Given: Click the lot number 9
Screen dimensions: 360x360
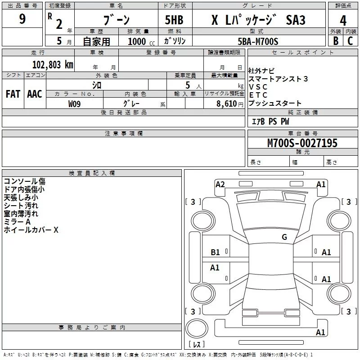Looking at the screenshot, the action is click(22, 19).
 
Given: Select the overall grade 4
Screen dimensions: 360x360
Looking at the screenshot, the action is click(343, 20).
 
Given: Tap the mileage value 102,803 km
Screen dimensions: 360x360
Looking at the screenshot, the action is click(53, 65).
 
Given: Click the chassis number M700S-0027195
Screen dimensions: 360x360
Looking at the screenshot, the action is click(302, 143).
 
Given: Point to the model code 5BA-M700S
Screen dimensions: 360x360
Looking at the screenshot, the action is click(258, 41).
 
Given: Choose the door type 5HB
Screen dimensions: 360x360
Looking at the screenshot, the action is click(174, 20).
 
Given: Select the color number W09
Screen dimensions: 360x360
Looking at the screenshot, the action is click(74, 104).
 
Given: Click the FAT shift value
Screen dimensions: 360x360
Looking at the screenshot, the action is click(13, 94).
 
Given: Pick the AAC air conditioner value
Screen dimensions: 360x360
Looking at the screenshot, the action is click(35, 94).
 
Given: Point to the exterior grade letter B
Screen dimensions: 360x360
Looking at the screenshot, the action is click(336, 41).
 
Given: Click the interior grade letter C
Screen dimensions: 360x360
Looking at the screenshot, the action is click(350, 41).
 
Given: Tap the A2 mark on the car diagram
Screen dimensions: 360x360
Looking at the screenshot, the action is click(220, 184).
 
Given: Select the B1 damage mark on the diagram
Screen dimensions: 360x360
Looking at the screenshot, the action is click(216, 252).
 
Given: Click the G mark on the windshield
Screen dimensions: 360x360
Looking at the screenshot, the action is click(284, 237).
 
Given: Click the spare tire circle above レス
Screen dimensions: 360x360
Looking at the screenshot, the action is click(197, 328).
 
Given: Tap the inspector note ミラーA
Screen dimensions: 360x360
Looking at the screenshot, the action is click(17, 222).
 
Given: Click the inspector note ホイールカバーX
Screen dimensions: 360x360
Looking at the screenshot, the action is click(31, 230).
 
